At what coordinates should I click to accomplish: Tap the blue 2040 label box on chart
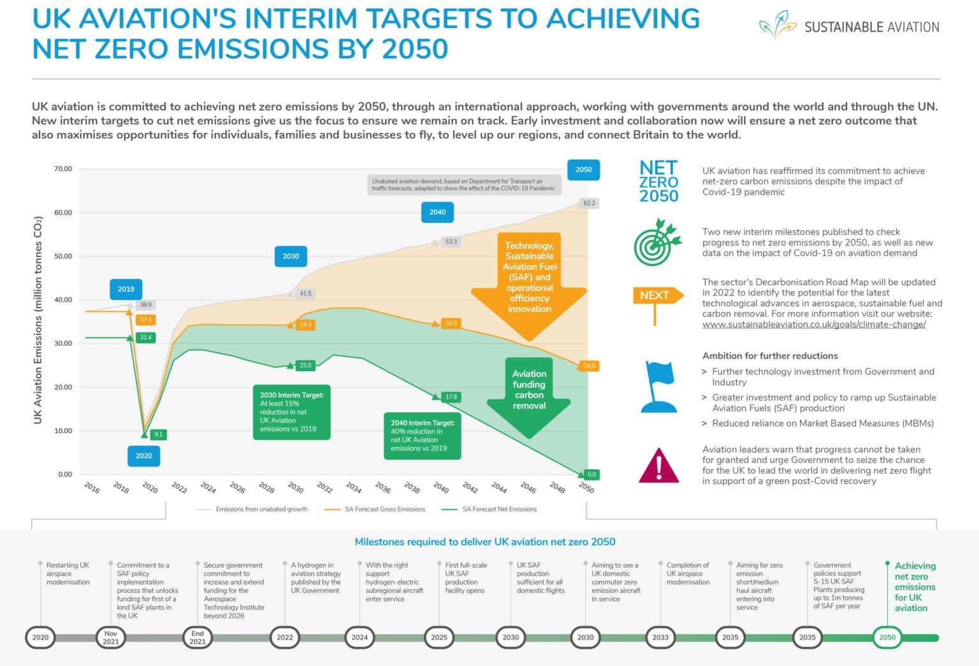pyautogui.click(x=437, y=212)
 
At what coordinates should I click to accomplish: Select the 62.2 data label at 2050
pyautogui.click(x=589, y=203)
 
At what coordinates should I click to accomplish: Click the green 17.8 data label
pyautogui.click(x=451, y=397)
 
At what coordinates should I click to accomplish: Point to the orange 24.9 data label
pyautogui.click(x=589, y=365)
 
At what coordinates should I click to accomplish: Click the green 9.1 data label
pyautogui.click(x=158, y=434)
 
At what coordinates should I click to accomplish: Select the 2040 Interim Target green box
pyautogui.click(x=422, y=436)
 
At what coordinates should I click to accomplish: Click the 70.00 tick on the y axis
pyautogui.click(x=63, y=169)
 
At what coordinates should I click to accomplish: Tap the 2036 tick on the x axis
pyautogui.click(x=382, y=488)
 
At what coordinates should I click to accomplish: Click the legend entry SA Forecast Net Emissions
pyautogui.click(x=499, y=509)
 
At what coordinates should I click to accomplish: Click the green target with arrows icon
pyautogui.click(x=657, y=243)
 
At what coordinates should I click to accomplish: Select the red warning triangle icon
pyautogui.click(x=658, y=465)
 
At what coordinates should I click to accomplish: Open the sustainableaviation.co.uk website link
pyautogui.click(x=813, y=325)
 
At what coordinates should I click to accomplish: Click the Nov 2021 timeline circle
pyautogui.click(x=111, y=637)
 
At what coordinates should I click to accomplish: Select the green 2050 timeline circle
pyautogui.click(x=887, y=637)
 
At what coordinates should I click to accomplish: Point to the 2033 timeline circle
pyautogui.click(x=660, y=637)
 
